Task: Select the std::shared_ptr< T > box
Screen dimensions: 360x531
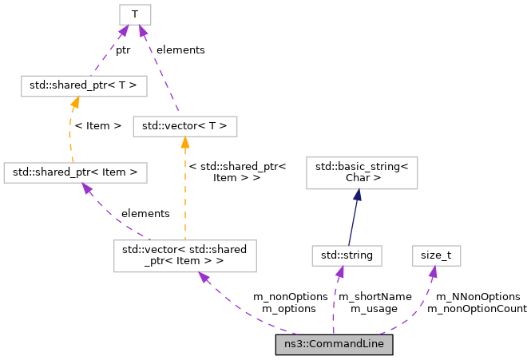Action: [73, 84]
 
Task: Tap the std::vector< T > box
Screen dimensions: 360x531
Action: [184, 125]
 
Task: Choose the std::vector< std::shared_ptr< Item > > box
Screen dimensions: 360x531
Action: [184, 255]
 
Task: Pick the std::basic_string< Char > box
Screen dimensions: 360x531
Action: [362, 172]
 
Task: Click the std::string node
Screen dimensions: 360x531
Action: [347, 255]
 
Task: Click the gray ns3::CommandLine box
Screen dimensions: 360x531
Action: [334, 345]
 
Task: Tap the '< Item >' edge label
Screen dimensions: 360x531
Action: [98, 125]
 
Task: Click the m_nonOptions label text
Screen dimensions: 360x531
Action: [290, 296]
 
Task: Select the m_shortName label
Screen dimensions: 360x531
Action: [375, 296]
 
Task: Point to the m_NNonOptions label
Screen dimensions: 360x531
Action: [477, 296]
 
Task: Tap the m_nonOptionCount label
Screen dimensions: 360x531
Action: [477, 308]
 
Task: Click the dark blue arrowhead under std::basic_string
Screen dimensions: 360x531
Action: [357, 195]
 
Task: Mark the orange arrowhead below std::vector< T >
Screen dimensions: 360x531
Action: [184, 142]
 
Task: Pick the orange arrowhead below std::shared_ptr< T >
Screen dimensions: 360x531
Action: [74, 101]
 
